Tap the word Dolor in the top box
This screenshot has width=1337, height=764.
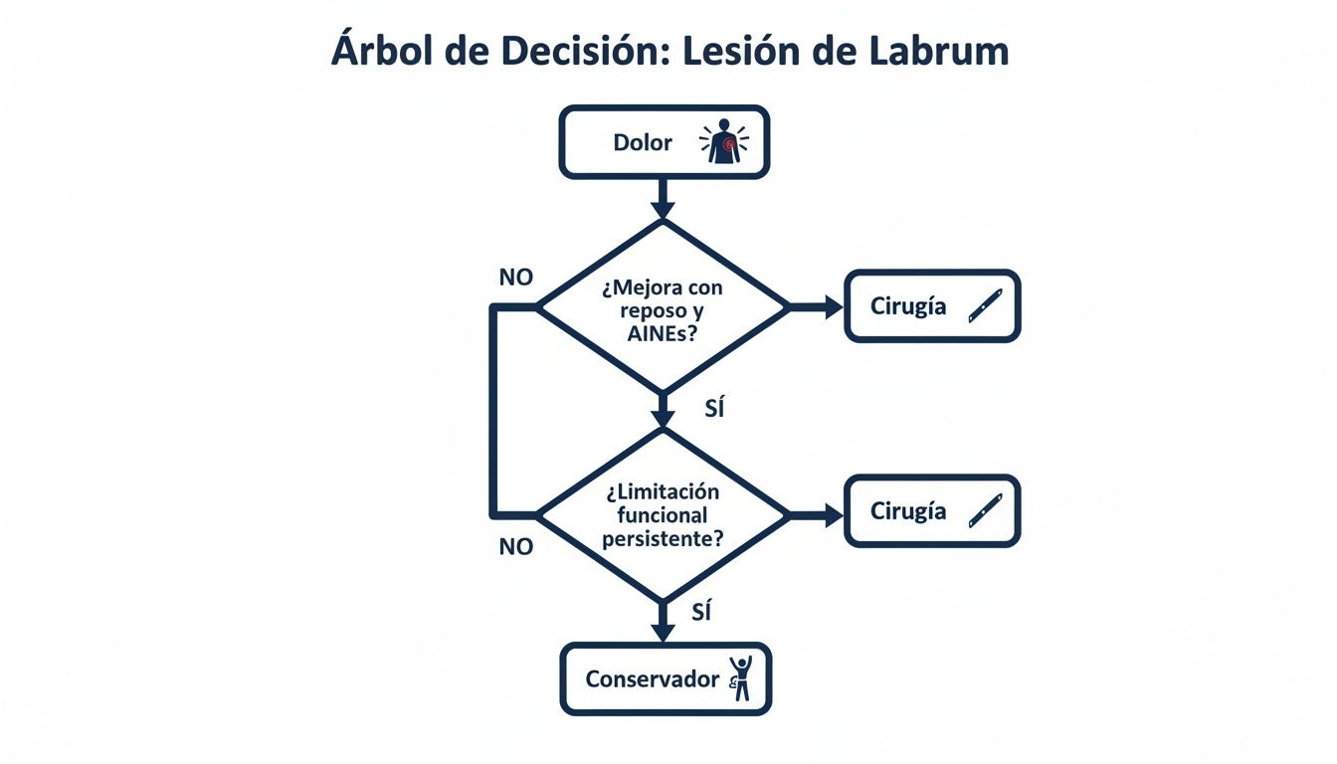pos(642,142)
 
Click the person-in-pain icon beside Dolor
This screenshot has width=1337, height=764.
pos(723,142)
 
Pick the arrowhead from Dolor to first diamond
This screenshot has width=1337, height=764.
pos(663,209)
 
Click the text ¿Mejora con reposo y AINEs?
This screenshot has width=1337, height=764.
pos(663,310)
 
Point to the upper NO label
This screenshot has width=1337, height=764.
pos(515,278)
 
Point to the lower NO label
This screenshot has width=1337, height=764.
pos(515,546)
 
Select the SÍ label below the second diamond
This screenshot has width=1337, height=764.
pos(700,613)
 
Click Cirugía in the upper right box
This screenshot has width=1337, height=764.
pos(907,306)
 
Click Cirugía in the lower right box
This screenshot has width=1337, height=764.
pos(907,511)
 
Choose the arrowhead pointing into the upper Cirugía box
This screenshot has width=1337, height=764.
pos(832,307)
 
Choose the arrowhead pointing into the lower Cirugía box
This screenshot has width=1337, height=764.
pos(832,514)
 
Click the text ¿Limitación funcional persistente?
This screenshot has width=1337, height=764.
pos(663,515)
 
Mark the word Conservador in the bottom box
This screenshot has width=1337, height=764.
pos(652,679)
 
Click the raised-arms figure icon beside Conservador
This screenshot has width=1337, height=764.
pos(739,678)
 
